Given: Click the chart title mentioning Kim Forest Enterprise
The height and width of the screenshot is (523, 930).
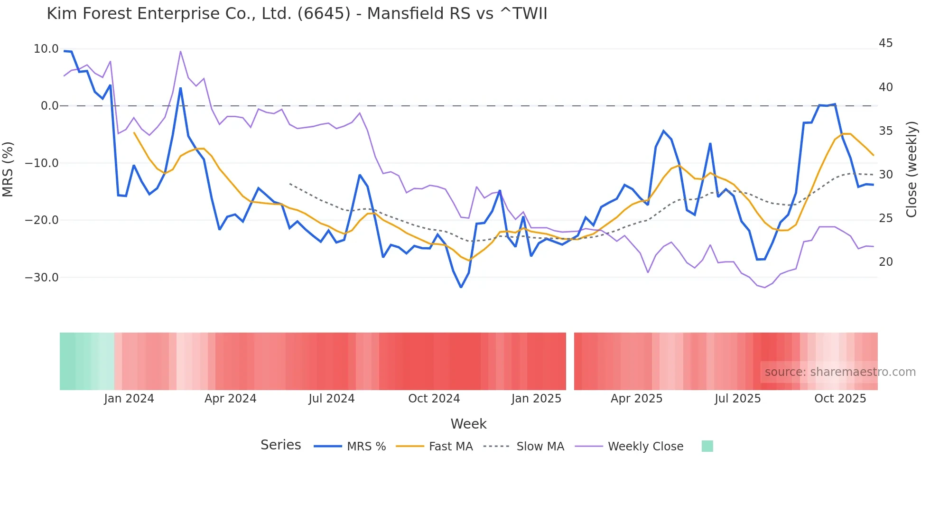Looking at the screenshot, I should (297, 14).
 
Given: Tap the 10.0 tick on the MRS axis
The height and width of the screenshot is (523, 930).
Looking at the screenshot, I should (46, 49).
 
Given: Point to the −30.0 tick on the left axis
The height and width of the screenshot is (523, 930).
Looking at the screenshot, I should (42, 278).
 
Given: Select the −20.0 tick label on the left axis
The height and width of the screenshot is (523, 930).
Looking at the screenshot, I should (42, 220).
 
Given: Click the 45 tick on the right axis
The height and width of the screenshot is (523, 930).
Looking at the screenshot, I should (885, 43).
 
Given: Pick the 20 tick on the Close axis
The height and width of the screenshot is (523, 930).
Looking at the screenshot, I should (885, 262).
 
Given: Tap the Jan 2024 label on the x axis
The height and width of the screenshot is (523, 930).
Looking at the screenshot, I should (129, 399).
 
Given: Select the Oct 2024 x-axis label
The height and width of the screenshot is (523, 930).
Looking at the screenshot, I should (434, 399).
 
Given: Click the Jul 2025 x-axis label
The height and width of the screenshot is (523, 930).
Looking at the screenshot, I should (737, 399).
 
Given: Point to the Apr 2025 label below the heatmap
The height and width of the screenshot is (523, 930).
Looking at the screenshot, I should (636, 399).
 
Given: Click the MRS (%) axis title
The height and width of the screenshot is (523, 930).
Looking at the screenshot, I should (8, 169).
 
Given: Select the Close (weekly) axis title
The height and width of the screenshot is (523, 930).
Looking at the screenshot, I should (911, 169).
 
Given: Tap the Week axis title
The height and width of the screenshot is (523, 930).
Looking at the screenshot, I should (468, 424).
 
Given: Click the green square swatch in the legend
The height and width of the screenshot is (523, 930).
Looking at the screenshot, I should (707, 446).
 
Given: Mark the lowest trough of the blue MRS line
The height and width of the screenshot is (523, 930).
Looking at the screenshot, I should (461, 287).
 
